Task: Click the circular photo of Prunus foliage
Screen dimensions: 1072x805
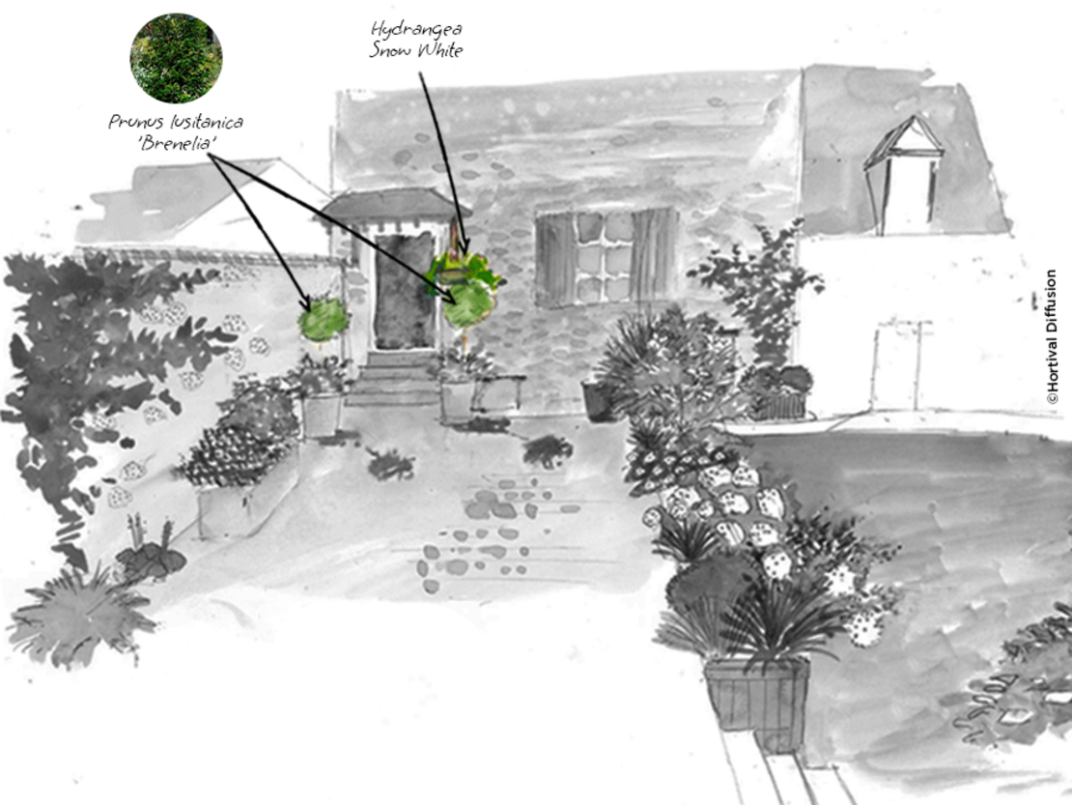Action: coord(176,58)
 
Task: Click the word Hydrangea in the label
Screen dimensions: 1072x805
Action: coord(416,30)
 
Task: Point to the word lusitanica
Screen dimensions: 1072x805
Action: coord(205,122)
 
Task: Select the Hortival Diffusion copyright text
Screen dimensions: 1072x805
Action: coord(1052,336)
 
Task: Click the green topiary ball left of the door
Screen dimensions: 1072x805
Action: coord(324,320)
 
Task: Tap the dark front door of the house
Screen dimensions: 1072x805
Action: coord(404,291)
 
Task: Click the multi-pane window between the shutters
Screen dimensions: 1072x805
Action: coord(604,256)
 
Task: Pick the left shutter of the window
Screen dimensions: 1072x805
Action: coord(556,260)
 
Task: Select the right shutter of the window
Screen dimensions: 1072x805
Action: coord(655,254)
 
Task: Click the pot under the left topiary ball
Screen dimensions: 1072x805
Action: coord(322,415)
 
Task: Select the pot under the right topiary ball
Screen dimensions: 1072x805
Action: coord(458,401)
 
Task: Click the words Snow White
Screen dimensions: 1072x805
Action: coord(416,50)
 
